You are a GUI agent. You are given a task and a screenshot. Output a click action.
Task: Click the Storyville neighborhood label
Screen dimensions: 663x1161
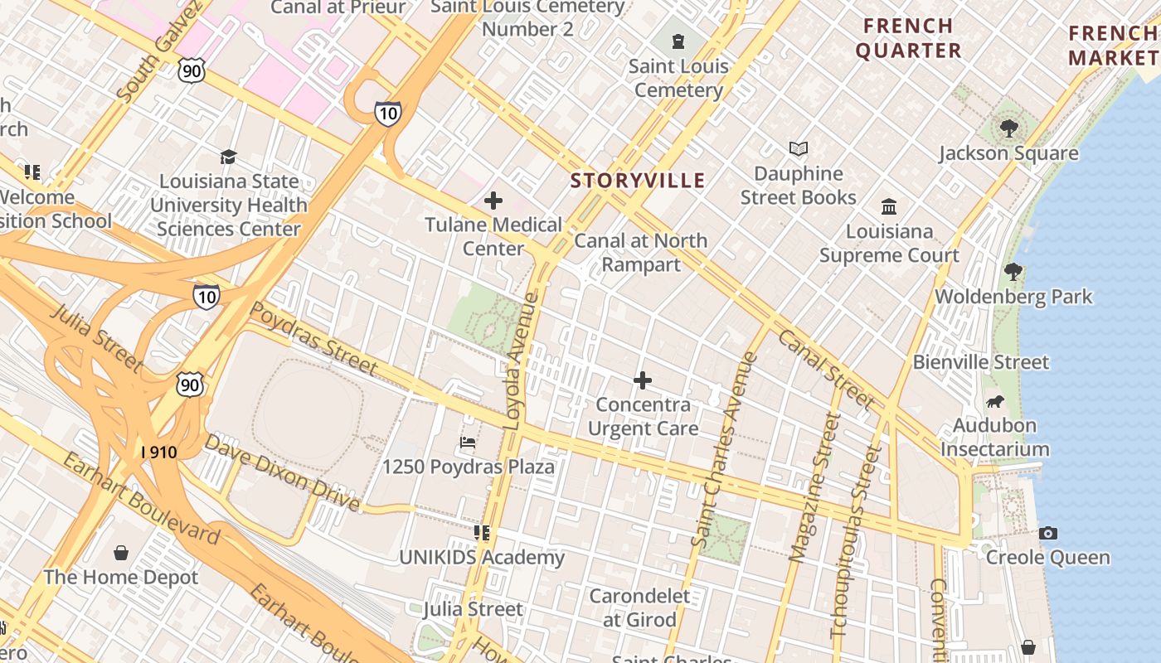pyautogui.click(x=637, y=181)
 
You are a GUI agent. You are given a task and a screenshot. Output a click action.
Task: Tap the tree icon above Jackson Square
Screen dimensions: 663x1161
pyautogui.click(x=1008, y=128)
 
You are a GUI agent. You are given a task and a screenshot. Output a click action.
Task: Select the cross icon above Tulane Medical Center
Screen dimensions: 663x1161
pyautogui.click(x=493, y=201)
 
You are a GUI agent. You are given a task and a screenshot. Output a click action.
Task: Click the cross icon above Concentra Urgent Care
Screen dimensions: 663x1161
pyautogui.click(x=643, y=380)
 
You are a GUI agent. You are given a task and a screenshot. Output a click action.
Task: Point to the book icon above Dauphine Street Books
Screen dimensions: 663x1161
pyautogui.click(x=799, y=149)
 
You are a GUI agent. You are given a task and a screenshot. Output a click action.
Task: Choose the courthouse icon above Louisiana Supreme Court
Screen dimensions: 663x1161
pyautogui.click(x=889, y=206)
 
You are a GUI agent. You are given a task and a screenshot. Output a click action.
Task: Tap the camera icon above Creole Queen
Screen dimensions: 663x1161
pyautogui.click(x=1047, y=533)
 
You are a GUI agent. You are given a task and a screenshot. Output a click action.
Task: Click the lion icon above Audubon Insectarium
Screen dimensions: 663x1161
pyautogui.click(x=994, y=402)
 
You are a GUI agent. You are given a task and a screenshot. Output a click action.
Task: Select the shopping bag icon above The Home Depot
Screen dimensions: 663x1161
pyautogui.click(x=121, y=553)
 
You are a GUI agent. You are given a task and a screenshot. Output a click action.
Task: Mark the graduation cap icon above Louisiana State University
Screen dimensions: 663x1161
pyautogui.click(x=228, y=157)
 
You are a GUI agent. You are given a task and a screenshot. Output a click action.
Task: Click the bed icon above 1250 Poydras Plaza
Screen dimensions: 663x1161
pyautogui.click(x=468, y=443)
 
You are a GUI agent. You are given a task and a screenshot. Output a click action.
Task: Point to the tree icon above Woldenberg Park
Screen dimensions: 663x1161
pyautogui.click(x=1013, y=272)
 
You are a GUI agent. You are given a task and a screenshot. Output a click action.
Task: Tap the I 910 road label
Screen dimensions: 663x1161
pyautogui.click(x=158, y=452)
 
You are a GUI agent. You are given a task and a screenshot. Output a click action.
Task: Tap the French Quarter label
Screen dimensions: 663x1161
pyautogui.click(x=908, y=38)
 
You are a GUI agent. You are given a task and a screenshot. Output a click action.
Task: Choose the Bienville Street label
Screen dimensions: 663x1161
pyautogui.click(x=980, y=362)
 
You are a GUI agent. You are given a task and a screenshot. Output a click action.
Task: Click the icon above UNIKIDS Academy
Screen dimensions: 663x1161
pyautogui.click(x=482, y=533)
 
